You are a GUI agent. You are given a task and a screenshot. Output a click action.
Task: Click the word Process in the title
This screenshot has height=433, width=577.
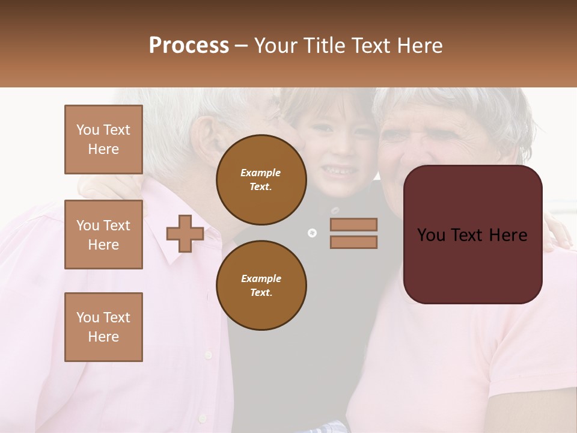point(189,46)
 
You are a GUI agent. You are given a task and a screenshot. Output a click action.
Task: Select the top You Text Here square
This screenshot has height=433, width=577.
point(103,140)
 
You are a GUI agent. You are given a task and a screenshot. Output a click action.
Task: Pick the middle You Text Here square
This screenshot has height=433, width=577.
point(103,235)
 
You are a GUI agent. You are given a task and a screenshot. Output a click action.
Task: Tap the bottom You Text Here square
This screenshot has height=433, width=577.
point(103,327)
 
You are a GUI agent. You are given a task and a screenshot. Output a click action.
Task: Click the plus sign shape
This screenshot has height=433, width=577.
point(185,234)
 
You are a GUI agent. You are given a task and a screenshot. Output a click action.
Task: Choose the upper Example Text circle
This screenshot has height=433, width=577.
point(261,179)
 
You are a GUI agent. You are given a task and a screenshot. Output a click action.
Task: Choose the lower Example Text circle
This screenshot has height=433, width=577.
point(261,285)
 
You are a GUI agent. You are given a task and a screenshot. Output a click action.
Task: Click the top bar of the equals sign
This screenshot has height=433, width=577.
point(353,224)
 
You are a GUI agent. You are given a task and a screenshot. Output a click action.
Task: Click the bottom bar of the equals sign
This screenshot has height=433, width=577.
point(353,242)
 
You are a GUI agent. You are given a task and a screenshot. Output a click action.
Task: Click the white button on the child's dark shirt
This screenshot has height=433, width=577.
point(311,233)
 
